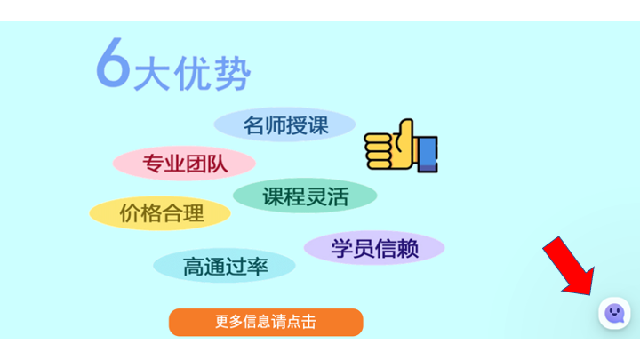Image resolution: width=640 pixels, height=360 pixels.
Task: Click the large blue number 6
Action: [113, 63]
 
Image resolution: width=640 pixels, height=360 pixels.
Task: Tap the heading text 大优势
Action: [192, 74]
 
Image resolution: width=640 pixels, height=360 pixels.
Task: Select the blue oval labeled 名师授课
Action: [284, 124]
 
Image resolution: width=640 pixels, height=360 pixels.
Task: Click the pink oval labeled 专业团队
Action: [184, 164]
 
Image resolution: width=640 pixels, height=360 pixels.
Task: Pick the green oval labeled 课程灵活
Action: [305, 196]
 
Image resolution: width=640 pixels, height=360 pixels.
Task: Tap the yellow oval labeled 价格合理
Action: [160, 213]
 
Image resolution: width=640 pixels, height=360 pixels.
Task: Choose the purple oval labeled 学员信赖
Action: [374, 248]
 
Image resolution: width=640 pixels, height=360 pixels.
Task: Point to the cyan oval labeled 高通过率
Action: [224, 266]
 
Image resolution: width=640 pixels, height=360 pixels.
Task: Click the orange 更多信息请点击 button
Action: [266, 322]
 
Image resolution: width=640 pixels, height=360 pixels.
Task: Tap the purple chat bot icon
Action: [614, 313]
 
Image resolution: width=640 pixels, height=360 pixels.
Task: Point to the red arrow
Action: [570, 267]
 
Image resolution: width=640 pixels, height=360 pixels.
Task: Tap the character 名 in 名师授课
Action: [254, 125]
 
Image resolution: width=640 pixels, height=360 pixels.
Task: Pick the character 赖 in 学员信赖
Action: [408, 248]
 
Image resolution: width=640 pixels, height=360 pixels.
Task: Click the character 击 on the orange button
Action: [309, 322]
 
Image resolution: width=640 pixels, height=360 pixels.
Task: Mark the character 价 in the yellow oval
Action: [130, 213]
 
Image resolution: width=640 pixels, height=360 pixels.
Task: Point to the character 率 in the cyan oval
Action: [257, 267]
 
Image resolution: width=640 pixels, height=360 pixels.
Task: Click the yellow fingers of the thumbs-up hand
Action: [379, 151]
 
